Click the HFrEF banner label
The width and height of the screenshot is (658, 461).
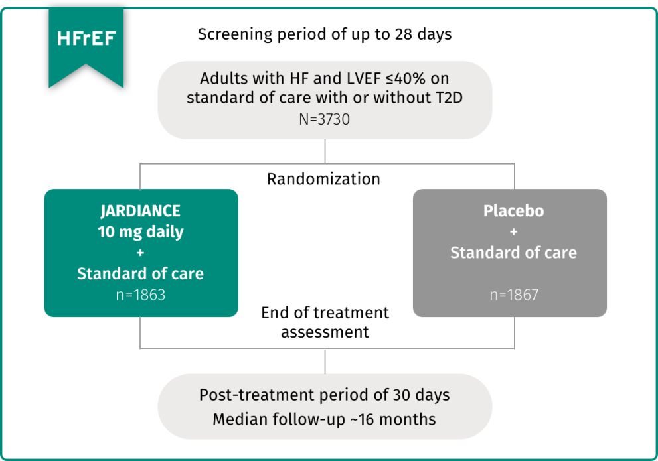[x=86, y=38]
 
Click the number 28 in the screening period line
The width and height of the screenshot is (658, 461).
[x=408, y=34]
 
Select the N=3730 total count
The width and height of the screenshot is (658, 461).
[x=324, y=121]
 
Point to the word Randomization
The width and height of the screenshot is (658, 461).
[x=324, y=179]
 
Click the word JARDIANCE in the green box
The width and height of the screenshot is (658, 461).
[x=140, y=211]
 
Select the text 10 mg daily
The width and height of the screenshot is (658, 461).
[x=141, y=232]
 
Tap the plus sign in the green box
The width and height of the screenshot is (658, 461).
[x=140, y=253]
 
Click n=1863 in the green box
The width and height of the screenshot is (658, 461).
[x=140, y=295]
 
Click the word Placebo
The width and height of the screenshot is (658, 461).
[x=513, y=211]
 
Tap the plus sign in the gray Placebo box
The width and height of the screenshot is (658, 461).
[x=513, y=232]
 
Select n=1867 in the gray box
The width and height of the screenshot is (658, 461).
[x=513, y=295]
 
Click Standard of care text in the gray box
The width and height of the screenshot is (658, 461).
[x=513, y=253]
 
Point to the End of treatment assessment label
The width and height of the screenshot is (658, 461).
[x=325, y=322]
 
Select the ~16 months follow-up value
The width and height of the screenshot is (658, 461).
[x=399, y=419]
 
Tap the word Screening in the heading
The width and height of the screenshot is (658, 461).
[x=230, y=34]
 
